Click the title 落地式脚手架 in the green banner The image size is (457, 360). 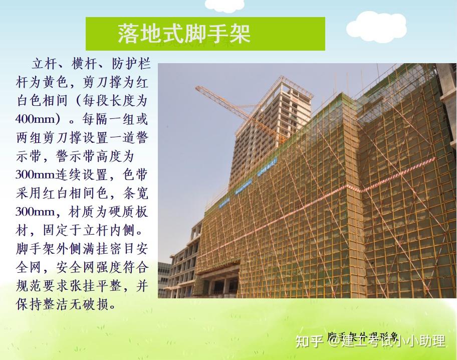click(x=184, y=34)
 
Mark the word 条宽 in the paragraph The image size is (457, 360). click(x=136, y=194)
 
